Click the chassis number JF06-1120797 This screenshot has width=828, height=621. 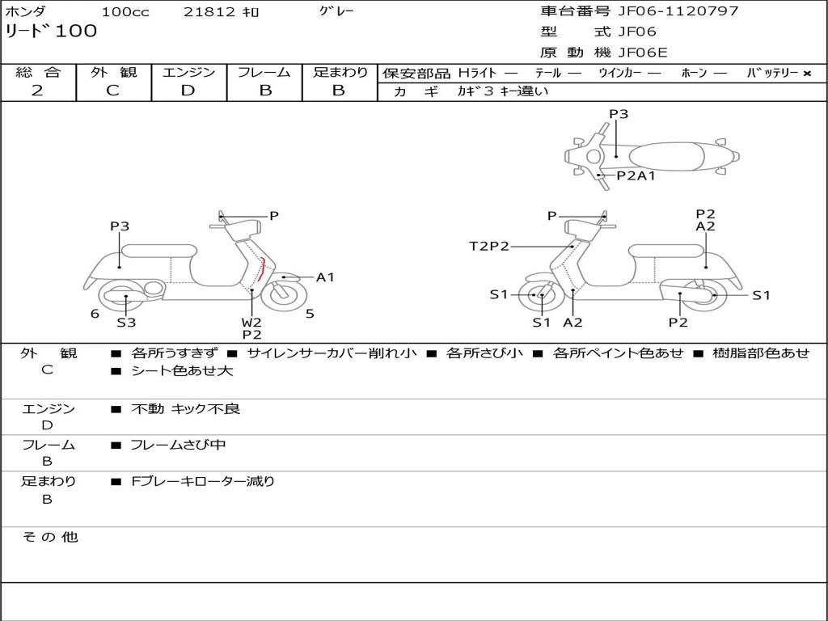(x=666, y=11)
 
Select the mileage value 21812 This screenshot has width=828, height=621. (x=209, y=12)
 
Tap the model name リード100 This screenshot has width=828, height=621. (x=51, y=32)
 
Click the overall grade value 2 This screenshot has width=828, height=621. (x=38, y=91)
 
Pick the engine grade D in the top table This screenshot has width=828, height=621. (x=188, y=91)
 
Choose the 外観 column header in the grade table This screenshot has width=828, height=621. (x=113, y=73)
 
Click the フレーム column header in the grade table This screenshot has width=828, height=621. (x=264, y=73)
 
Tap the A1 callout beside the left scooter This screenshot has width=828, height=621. (x=325, y=277)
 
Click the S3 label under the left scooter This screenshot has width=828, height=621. (x=126, y=323)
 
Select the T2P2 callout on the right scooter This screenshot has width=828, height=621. (x=489, y=246)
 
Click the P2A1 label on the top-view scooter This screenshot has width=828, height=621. (x=636, y=175)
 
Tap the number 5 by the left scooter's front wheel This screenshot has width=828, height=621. (x=310, y=314)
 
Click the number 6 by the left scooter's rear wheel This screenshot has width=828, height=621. (x=95, y=314)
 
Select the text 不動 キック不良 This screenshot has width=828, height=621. (x=186, y=409)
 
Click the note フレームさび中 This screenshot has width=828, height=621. (x=178, y=445)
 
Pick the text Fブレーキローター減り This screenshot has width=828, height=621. (x=203, y=481)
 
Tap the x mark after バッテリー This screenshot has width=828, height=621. (x=807, y=74)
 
